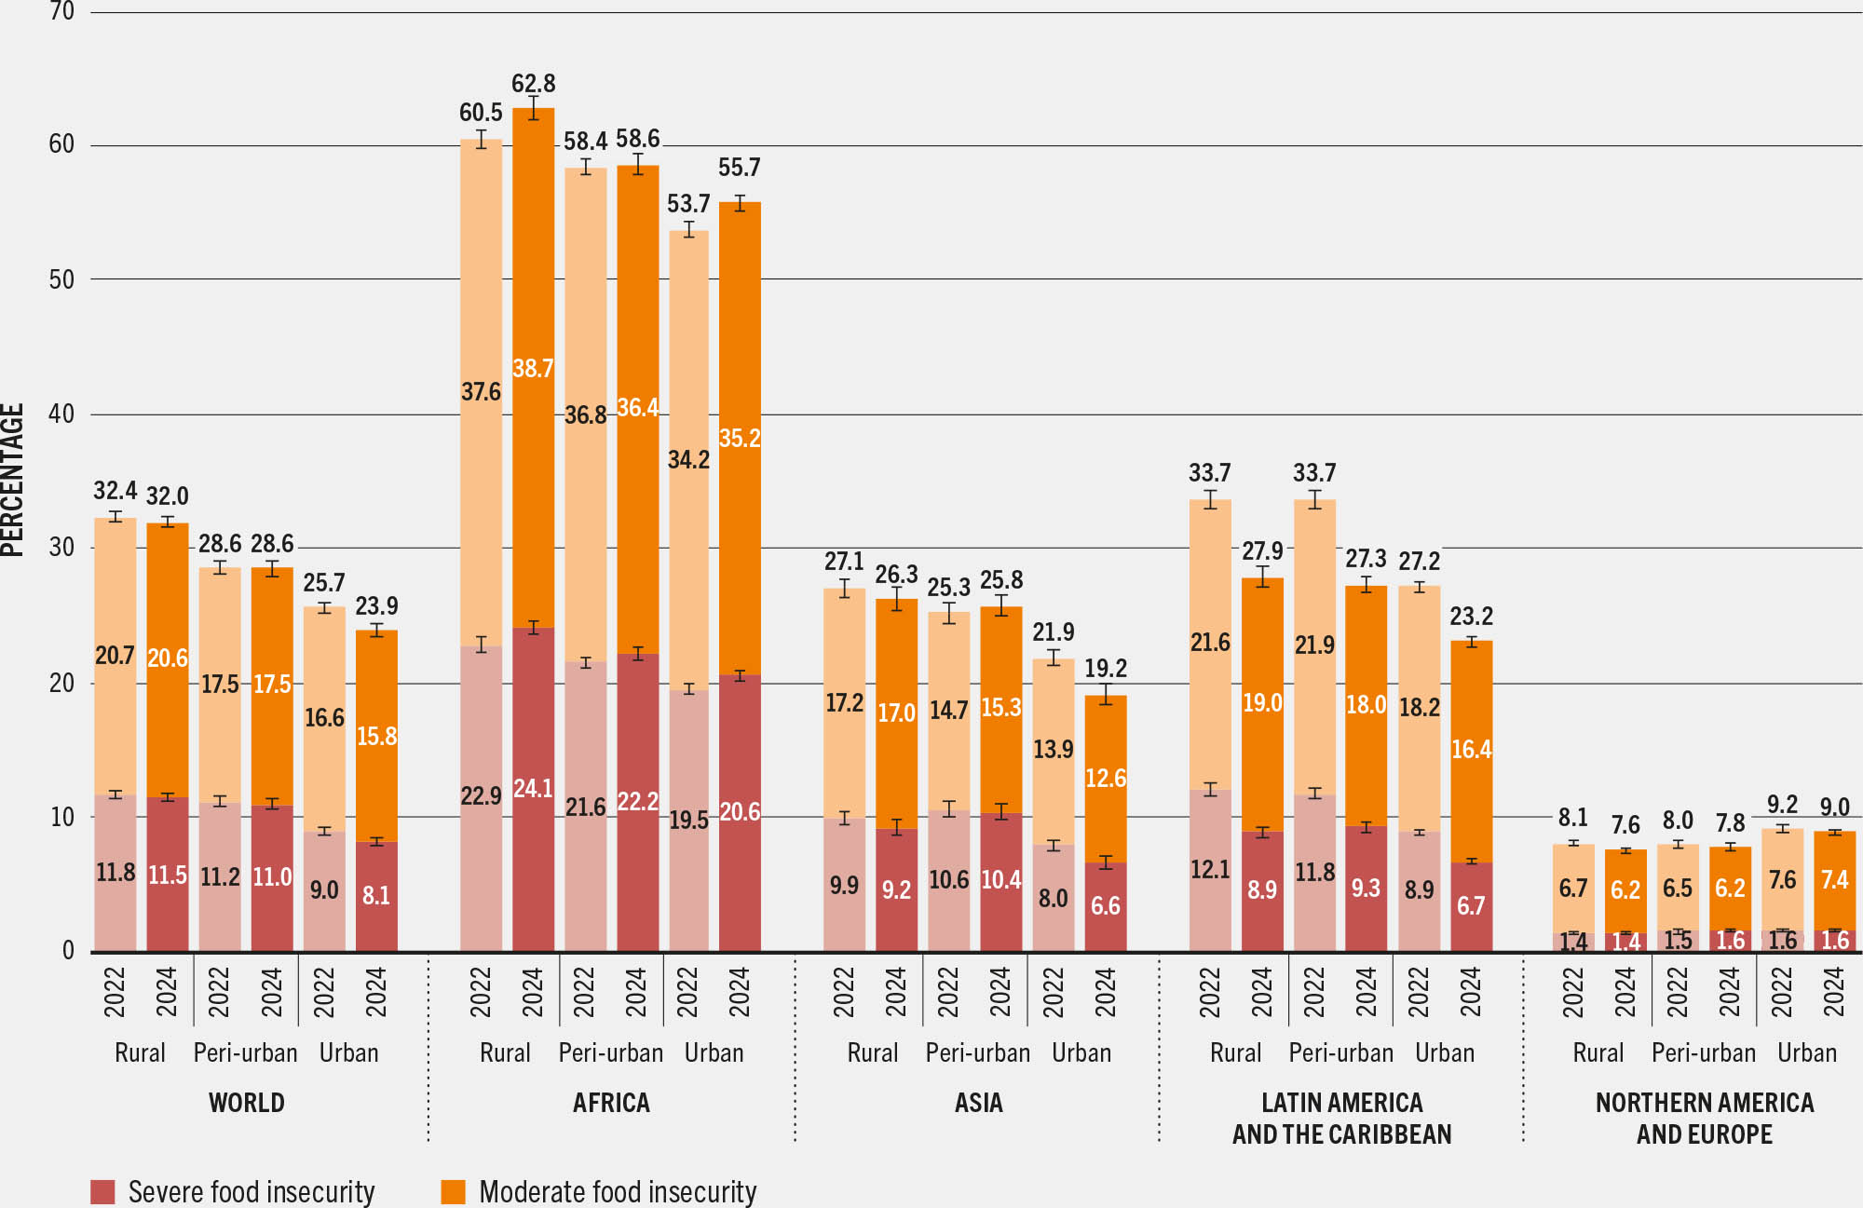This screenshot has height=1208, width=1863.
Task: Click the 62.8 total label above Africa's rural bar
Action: [x=533, y=84]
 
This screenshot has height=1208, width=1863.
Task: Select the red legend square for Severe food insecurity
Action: [x=102, y=1191]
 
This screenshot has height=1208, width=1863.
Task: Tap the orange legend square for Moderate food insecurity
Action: [x=453, y=1191]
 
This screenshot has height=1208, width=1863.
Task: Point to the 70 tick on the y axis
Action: [x=61, y=12]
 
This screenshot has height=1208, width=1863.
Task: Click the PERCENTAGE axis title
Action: [x=13, y=480]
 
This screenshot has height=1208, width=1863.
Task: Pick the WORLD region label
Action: [x=246, y=1103]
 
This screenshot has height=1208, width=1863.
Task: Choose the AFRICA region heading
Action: [x=611, y=1103]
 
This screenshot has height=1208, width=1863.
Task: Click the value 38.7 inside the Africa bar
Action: [x=533, y=368]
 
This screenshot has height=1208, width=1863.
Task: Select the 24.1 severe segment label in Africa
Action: [x=533, y=789]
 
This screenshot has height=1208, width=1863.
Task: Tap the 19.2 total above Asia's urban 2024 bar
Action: [x=1106, y=669]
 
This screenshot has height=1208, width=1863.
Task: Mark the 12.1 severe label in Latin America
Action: [x=1210, y=870]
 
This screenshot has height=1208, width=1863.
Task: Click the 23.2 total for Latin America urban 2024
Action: [x=1471, y=617]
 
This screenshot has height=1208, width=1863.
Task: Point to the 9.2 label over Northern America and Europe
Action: [x=1782, y=805]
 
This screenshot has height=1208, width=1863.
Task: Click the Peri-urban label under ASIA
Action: [x=977, y=1053]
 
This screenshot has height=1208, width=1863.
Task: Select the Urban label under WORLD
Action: [x=348, y=1053]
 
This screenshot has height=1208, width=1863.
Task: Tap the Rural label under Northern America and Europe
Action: [x=1598, y=1053]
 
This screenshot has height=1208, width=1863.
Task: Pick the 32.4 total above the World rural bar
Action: [x=115, y=491]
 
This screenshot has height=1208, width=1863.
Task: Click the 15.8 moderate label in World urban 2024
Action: [x=376, y=737]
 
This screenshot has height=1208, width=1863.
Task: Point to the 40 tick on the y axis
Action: [x=61, y=414]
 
